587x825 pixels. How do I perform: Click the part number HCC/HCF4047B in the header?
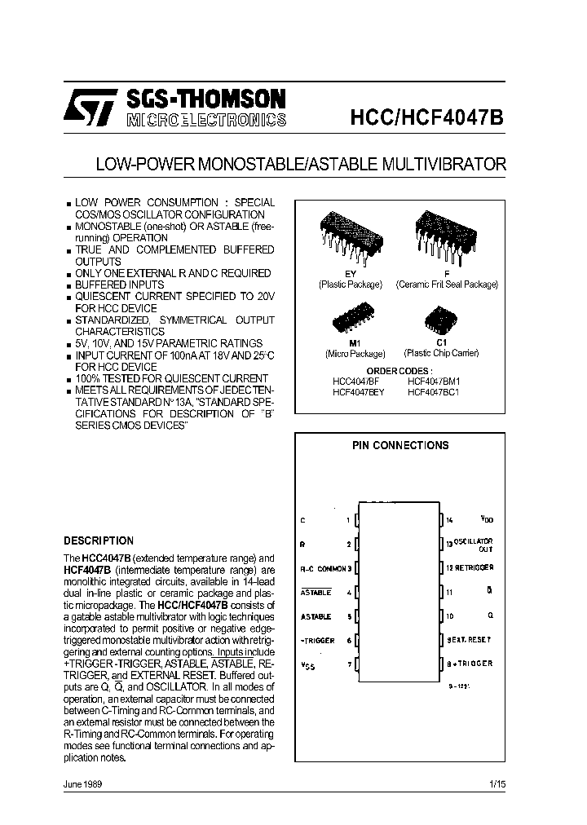tap(427, 116)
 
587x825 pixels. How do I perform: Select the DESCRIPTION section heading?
tap(99, 540)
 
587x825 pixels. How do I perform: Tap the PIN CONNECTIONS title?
tap(400, 446)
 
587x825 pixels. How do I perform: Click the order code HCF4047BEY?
tap(358, 391)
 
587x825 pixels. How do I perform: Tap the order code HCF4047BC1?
tap(434, 391)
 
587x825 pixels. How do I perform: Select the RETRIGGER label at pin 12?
tap(473, 567)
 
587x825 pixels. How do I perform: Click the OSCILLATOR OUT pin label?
tap(473, 544)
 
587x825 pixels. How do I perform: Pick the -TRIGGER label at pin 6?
tap(317, 641)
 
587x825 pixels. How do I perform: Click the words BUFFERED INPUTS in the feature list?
tap(119, 285)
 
